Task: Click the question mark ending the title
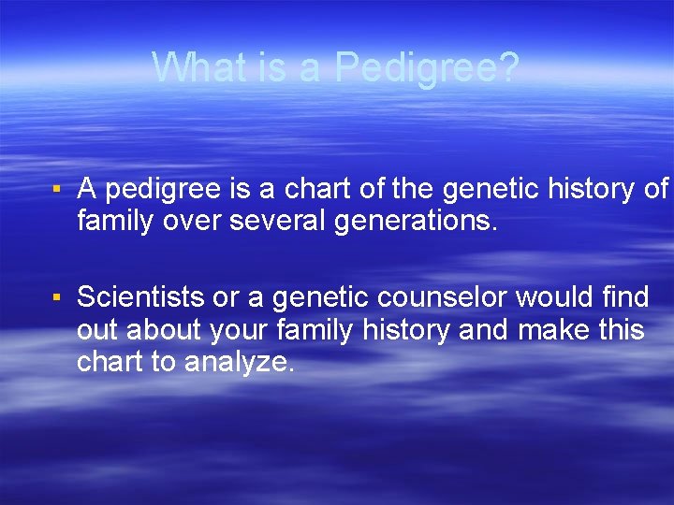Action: point(506,67)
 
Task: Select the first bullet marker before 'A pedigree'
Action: point(57,190)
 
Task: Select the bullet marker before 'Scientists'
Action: point(57,298)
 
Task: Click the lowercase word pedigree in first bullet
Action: point(160,190)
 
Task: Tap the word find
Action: point(625,297)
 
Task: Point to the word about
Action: point(163,330)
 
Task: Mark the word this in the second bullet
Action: point(618,330)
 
